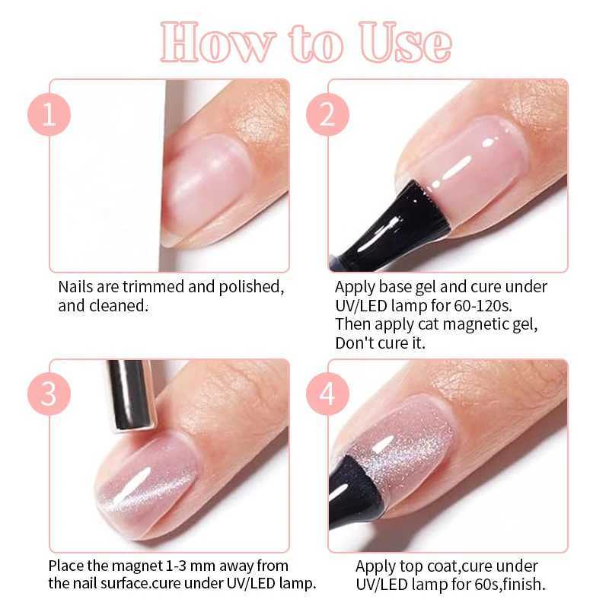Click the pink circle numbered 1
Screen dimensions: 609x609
click(x=49, y=114)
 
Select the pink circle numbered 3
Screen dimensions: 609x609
click(x=49, y=394)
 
